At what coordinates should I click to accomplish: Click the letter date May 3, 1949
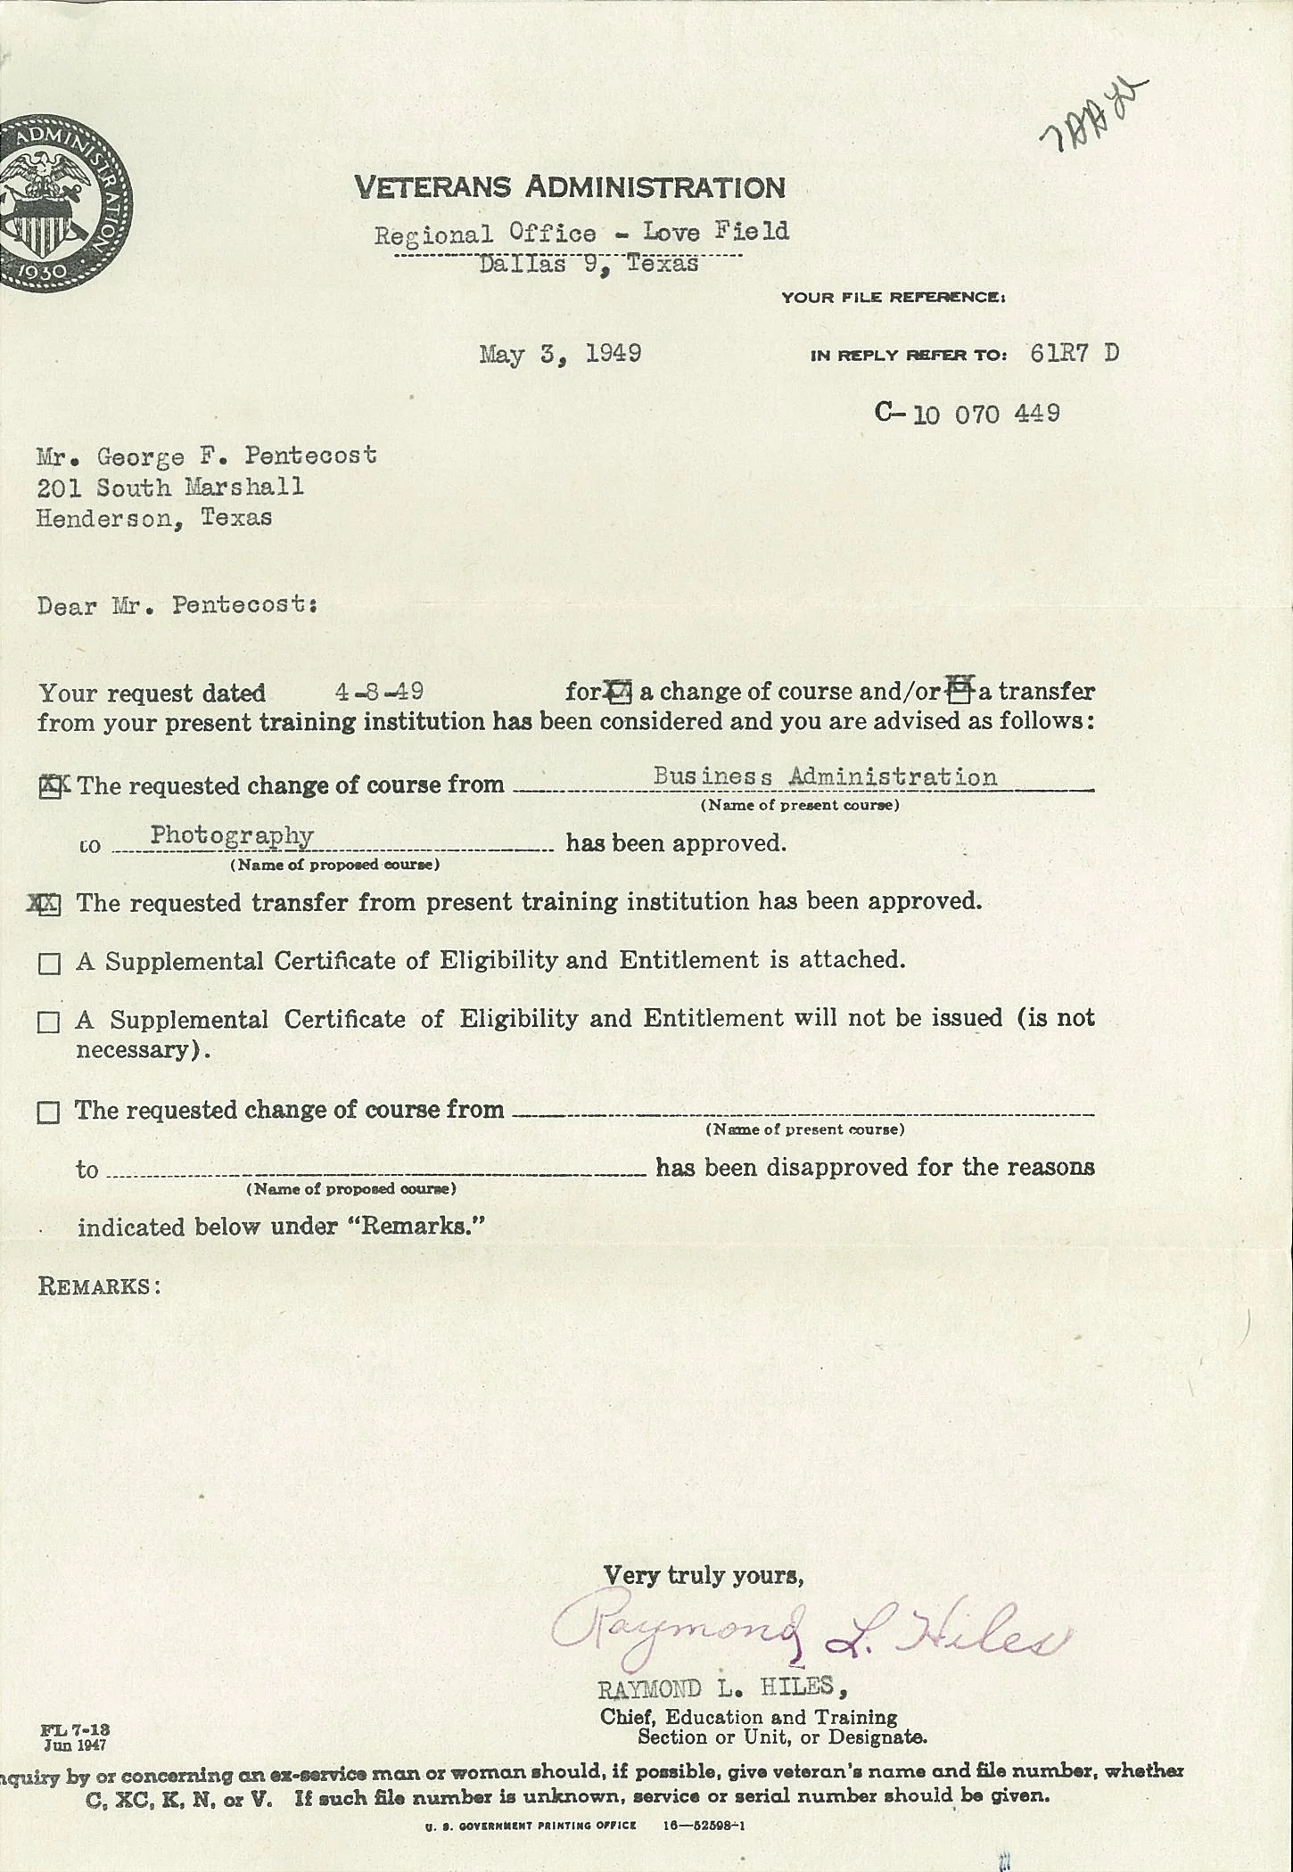click(x=560, y=354)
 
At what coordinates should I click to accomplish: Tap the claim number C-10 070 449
click(x=968, y=414)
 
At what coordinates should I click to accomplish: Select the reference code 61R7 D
click(x=1074, y=354)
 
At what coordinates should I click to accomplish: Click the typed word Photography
click(x=232, y=836)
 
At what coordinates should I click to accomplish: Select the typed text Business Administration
click(x=825, y=776)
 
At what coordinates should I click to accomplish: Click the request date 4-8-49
click(x=379, y=692)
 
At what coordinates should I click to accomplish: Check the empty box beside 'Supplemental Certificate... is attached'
click(x=49, y=964)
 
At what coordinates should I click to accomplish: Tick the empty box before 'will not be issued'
click(x=49, y=1022)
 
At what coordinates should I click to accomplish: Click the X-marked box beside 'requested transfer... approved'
click(x=49, y=905)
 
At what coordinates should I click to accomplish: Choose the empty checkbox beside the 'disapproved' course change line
click(x=49, y=1113)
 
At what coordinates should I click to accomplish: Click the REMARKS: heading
click(x=99, y=1286)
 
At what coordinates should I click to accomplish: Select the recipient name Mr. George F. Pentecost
click(x=206, y=456)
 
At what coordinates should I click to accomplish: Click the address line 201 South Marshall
click(x=169, y=488)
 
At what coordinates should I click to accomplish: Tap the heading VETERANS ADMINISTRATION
click(x=570, y=188)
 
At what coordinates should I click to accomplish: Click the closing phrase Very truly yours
click(x=704, y=1576)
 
